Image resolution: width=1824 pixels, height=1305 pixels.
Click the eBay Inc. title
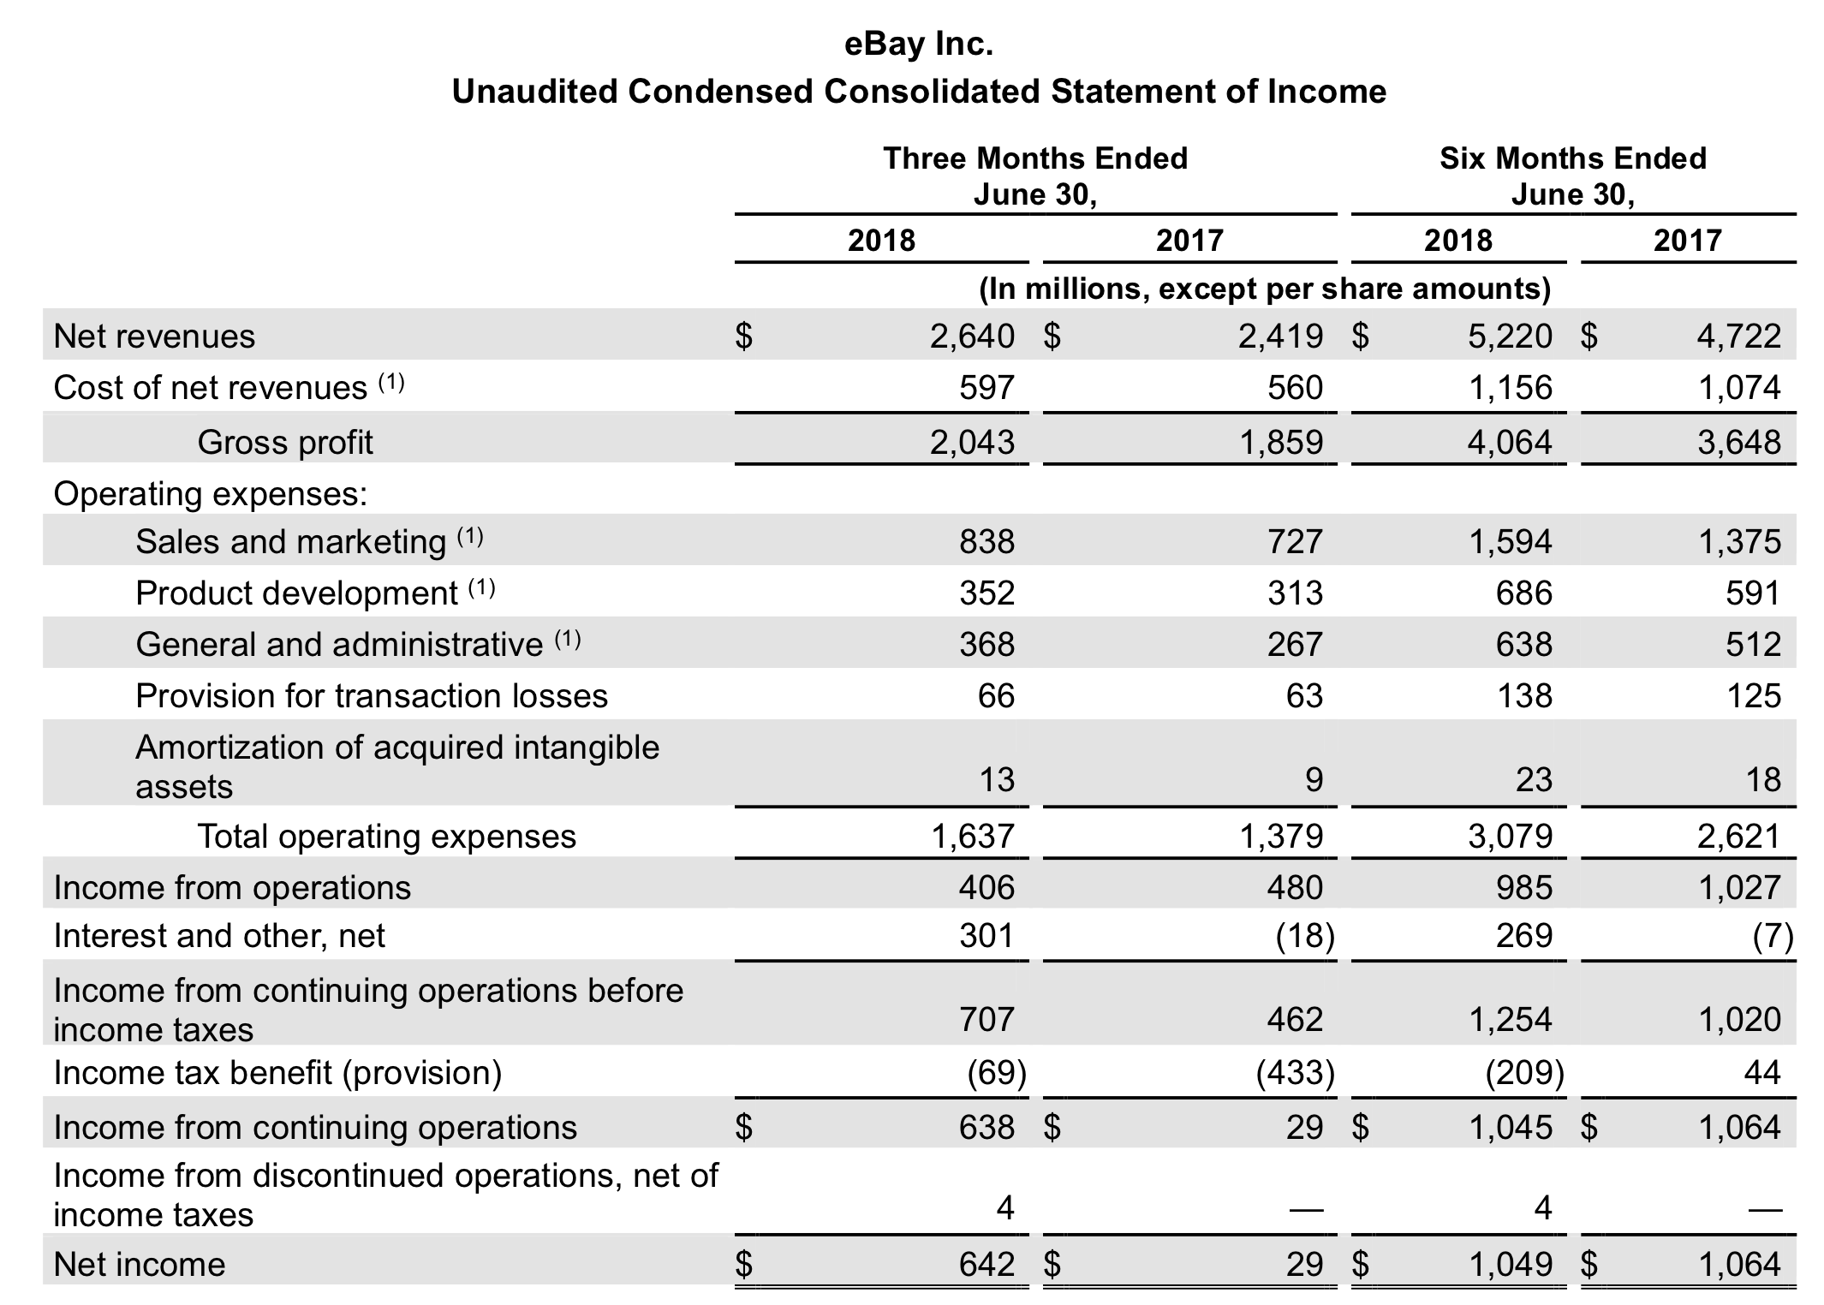pyautogui.click(x=918, y=43)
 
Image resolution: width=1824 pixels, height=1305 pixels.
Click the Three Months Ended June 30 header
pyautogui.click(x=1035, y=176)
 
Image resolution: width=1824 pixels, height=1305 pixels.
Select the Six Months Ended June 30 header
pyautogui.click(x=1572, y=176)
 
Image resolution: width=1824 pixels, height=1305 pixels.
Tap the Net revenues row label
pyautogui.click(x=154, y=337)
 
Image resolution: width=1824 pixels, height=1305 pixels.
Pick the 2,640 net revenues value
pyautogui.click(x=972, y=337)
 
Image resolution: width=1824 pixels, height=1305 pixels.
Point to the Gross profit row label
pyautogui.click(x=285, y=443)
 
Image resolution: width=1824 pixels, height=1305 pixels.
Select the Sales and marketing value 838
pyautogui.click(x=987, y=541)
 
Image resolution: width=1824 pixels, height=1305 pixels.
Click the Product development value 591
pyautogui.click(x=1752, y=593)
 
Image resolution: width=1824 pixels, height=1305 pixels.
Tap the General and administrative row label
pyautogui.click(x=339, y=644)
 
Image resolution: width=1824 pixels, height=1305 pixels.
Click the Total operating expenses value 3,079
pyautogui.click(x=1510, y=836)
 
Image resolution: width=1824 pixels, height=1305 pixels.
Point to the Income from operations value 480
pyautogui.click(x=1295, y=887)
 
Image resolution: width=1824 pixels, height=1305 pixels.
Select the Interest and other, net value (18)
pyautogui.click(x=1304, y=936)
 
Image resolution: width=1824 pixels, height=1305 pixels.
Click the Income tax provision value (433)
pyautogui.click(x=1295, y=1072)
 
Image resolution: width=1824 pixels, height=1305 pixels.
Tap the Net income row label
pyautogui.click(x=140, y=1264)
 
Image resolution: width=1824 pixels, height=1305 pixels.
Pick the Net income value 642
pyautogui.click(x=987, y=1264)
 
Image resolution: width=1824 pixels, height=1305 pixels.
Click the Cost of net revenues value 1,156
pyautogui.click(x=1510, y=388)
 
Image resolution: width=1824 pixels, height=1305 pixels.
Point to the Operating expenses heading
pyautogui.click(x=211, y=493)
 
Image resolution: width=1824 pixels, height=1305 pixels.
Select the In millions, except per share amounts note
pyautogui.click(x=1265, y=289)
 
